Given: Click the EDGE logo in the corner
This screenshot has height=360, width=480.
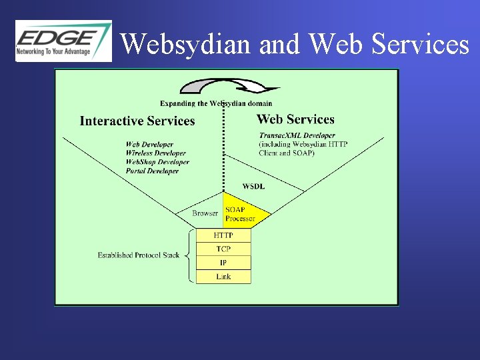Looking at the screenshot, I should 63,40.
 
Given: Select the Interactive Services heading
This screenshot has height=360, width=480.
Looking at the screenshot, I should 137,121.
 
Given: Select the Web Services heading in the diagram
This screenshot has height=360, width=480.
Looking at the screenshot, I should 295,119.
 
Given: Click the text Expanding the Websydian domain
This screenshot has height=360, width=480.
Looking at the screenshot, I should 216,103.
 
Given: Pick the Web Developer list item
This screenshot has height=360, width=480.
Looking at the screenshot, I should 149,144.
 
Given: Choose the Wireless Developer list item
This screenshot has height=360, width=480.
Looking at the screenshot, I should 155,153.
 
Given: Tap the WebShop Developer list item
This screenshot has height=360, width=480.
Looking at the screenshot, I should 157,161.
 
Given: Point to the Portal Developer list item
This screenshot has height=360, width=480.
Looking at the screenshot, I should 152,171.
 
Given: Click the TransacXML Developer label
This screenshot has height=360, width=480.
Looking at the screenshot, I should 297,135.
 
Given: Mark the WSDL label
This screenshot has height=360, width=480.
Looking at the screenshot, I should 253,186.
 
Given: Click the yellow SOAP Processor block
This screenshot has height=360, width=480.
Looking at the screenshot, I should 243,213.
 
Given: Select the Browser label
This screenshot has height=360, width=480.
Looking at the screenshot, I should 205,213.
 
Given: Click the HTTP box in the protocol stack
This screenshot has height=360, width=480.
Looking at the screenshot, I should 223,235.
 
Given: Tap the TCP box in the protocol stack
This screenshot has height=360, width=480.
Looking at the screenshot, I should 223,249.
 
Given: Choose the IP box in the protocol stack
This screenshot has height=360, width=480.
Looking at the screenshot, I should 223,263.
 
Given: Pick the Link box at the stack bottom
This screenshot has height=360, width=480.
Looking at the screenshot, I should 223,276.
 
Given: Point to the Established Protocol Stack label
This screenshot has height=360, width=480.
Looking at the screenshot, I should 138,255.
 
